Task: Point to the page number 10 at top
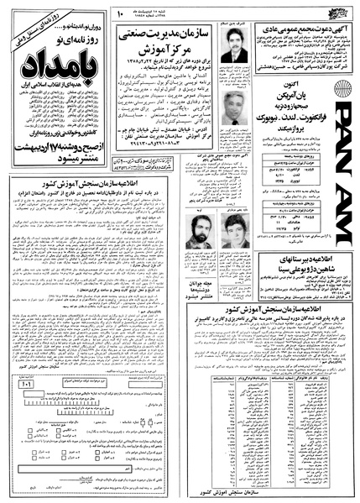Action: click(x=119, y=11)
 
